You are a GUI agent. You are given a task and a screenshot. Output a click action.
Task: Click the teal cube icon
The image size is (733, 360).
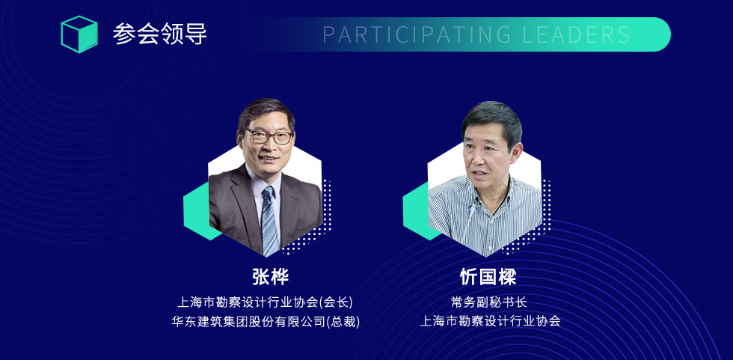[x=79, y=34]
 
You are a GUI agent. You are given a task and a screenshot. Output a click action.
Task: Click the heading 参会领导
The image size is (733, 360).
[x=159, y=34]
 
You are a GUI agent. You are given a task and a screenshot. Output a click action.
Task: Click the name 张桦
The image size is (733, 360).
[x=270, y=277]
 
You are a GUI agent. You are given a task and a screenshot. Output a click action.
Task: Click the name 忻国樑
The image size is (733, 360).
[x=488, y=277]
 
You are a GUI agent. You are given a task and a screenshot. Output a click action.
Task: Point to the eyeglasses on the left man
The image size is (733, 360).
[x=270, y=136]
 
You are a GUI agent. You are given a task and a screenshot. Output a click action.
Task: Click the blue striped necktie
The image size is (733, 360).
[x=270, y=221]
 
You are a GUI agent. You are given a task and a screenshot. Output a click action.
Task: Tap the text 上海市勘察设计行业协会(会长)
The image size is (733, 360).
[x=265, y=302]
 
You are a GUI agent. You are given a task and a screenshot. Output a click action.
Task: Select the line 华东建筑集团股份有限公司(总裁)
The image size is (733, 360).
[x=266, y=322]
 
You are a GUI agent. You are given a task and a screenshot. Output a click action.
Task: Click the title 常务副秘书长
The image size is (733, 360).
[x=489, y=302]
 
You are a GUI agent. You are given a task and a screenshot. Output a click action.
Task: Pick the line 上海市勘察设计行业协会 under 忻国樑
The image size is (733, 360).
[x=490, y=322]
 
